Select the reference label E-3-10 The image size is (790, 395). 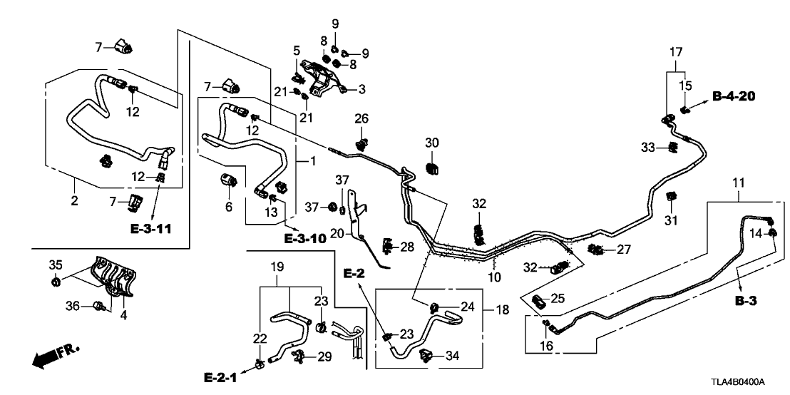click(x=304, y=238)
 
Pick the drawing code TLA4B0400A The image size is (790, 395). click(x=751, y=383)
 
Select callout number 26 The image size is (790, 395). click(x=361, y=118)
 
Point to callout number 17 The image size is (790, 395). click(x=674, y=51)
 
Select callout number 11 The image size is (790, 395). click(x=737, y=174)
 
